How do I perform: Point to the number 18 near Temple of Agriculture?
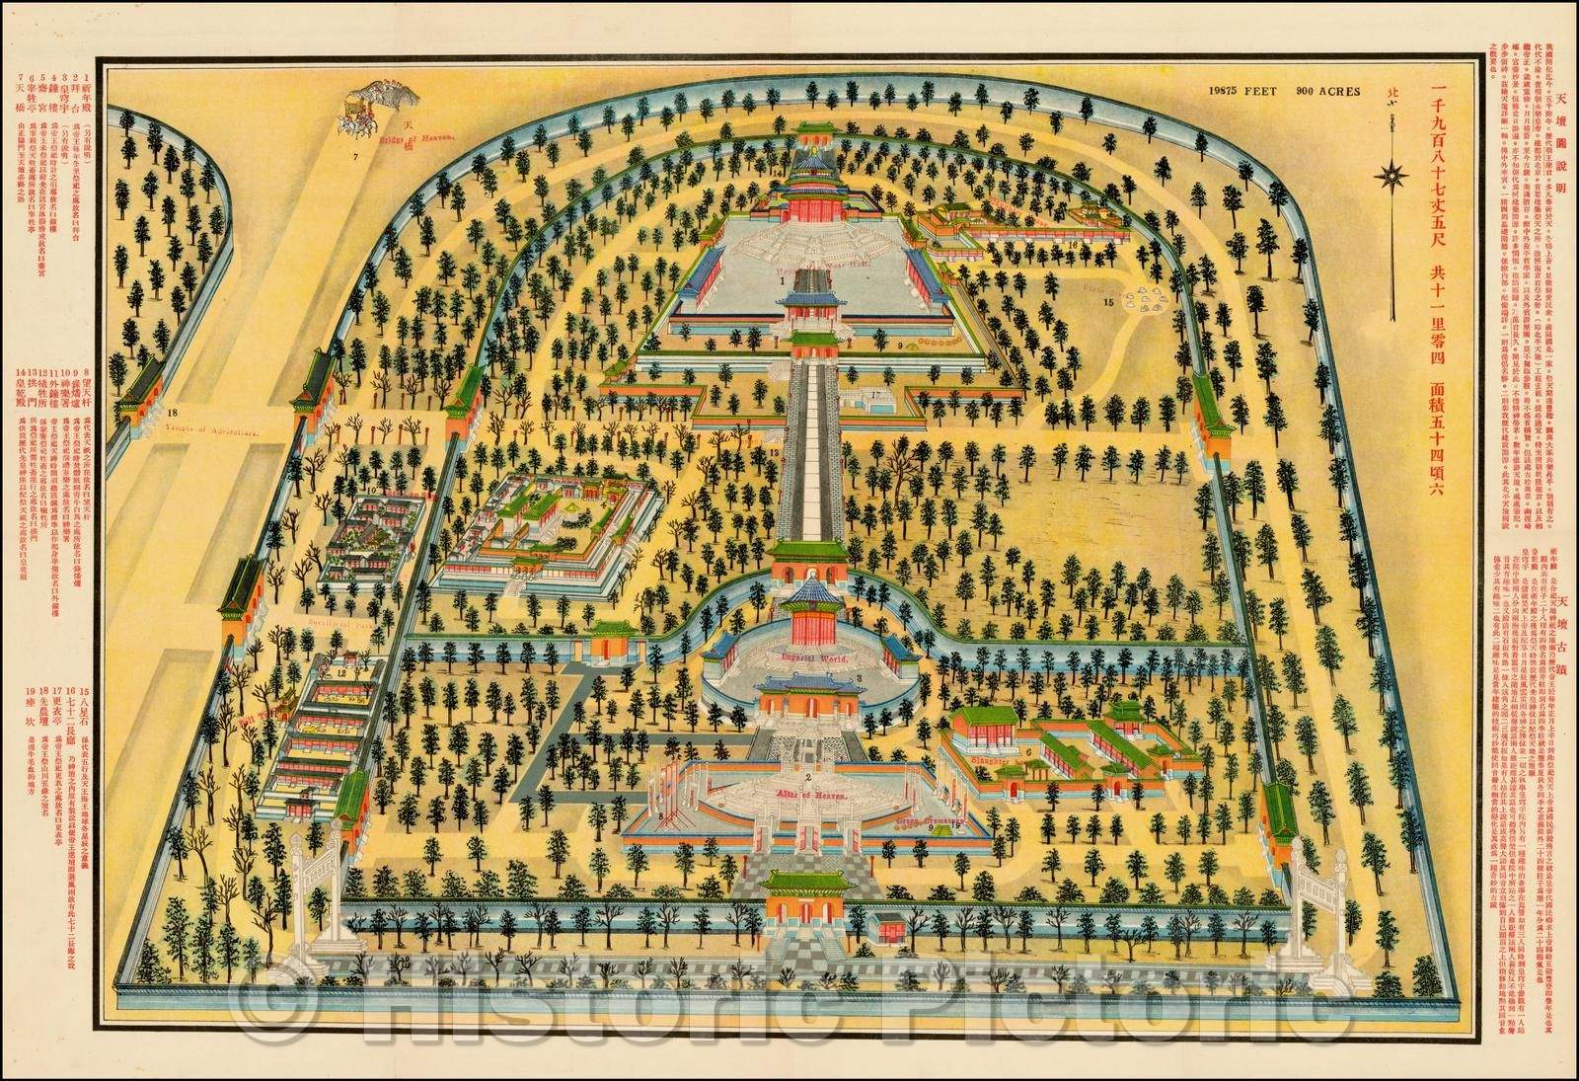pos(173,385)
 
